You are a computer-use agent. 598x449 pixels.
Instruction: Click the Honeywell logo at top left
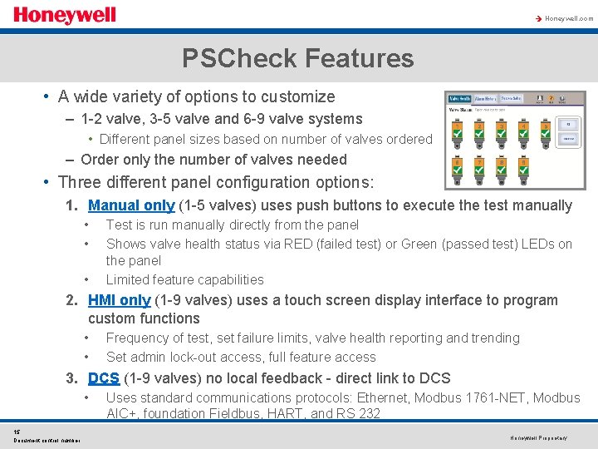pyautogui.click(x=64, y=15)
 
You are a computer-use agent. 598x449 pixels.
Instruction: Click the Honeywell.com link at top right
pyautogui.click(x=568, y=17)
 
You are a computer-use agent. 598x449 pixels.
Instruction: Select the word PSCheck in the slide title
pyautogui.click(x=240, y=58)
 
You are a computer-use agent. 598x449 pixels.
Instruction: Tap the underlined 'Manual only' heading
pyautogui.click(x=131, y=205)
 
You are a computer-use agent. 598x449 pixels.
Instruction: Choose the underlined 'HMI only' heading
pyautogui.click(x=119, y=300)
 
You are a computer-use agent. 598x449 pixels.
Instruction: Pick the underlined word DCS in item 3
pyautogui.click(x=104, y=378)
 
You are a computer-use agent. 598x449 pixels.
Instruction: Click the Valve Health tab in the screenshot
pyautogui.click(x=459, y=99)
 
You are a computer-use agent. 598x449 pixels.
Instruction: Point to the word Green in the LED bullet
pyautogui.click(x=420, y=244)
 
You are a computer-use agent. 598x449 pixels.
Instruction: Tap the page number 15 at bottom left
pyautogui.click(x=17, y=431)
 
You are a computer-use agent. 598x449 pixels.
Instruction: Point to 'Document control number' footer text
pyautogui.click(x=47, y=440)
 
